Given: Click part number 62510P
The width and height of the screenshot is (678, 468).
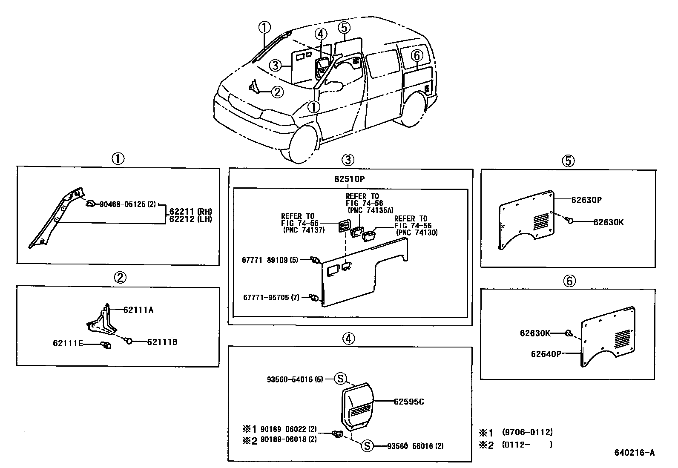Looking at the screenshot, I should (349, 179).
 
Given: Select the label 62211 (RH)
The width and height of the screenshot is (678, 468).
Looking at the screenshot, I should (190, 211).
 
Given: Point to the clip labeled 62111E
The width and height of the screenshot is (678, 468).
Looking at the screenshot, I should (105, 345).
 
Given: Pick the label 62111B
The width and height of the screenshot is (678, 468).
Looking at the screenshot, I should (162, 342).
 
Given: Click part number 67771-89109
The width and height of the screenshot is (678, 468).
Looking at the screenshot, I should (265, 259).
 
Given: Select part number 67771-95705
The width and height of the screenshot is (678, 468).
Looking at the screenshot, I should (265, 297).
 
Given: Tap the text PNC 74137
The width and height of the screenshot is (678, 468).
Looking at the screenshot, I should (304, 230).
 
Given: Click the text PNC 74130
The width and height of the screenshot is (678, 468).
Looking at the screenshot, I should (417, 233).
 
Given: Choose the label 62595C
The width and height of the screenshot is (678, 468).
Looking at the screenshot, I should (408, 401).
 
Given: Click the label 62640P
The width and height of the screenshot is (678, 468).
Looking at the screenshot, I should (546, 353).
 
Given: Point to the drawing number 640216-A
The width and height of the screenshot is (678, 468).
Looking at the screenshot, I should (634, 453).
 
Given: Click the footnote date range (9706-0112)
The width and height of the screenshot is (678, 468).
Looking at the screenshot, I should (527, 432).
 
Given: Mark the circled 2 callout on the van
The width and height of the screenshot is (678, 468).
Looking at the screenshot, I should (277, 92).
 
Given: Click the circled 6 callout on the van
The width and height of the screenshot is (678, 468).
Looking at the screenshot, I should (417, 55).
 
